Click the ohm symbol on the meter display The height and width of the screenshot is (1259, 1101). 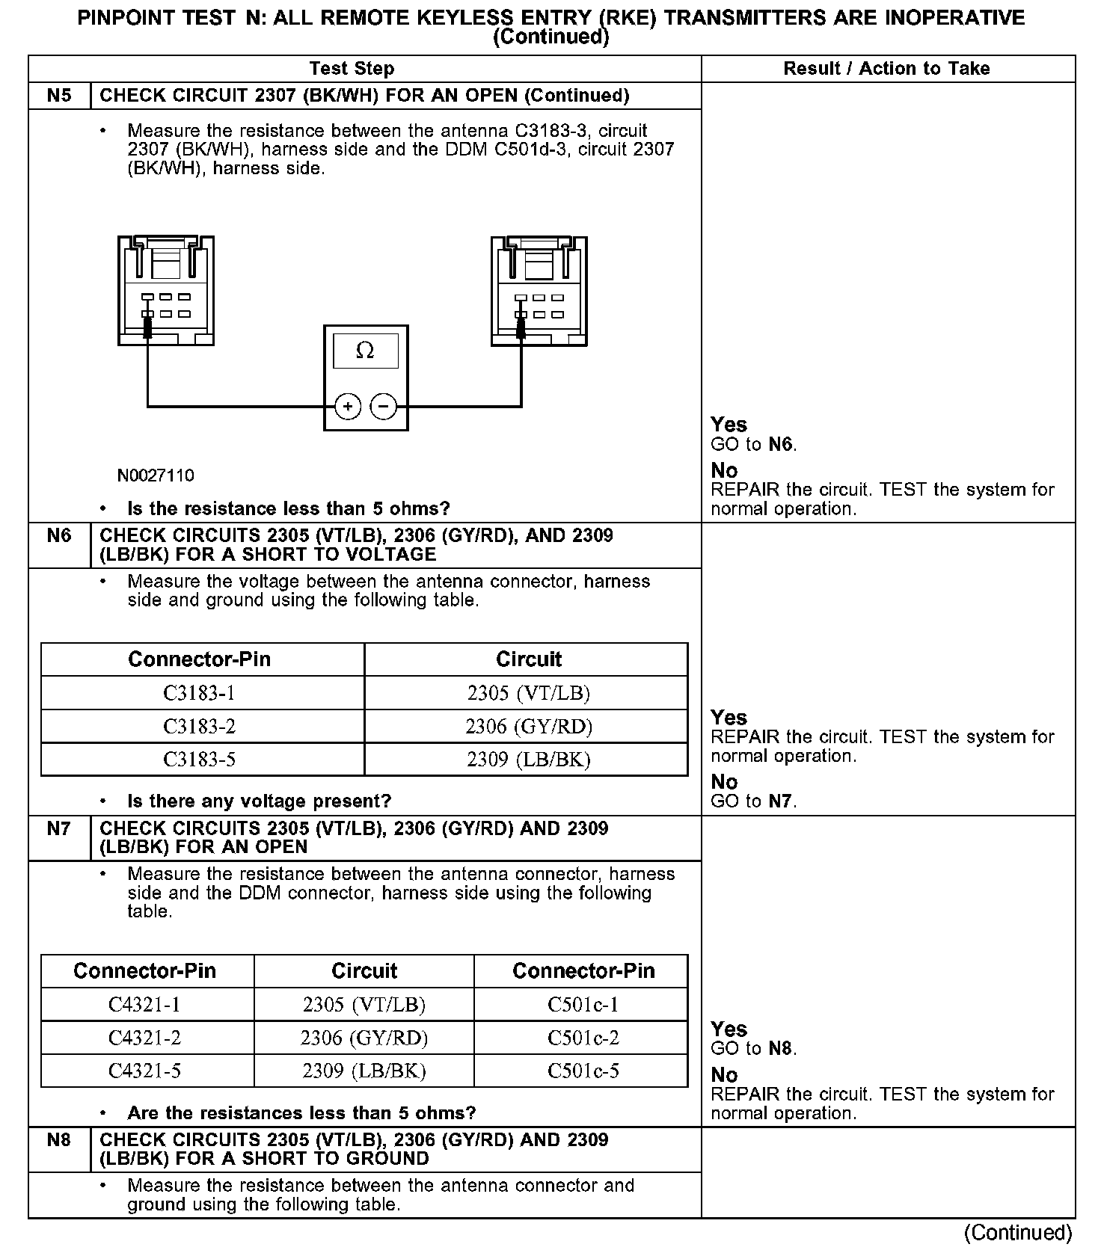[x=365, y=351]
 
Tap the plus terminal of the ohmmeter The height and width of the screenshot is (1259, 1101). [x=348, y=407]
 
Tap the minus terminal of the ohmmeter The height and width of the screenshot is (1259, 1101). [x=384, y=407]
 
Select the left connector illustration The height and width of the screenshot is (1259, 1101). [x=166, y=291]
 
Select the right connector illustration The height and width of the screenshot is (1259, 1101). [x=539, y=291]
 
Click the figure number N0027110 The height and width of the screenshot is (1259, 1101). [x=156, y=475]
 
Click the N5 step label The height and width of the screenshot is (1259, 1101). [x=59, y=96]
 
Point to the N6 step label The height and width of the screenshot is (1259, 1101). [x=59, y=536]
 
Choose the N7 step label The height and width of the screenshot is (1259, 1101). [x=59, y=828]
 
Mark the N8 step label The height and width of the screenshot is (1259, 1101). [x=59, y=1140]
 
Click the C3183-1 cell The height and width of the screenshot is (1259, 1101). [x=200, y=693]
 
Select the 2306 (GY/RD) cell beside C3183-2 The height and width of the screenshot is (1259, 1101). [x=529, y=726]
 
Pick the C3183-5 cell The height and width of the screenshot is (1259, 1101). [x=200, y=760]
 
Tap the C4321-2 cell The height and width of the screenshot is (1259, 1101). [x=145, y=1038]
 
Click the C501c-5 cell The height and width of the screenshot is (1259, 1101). [x=583, y=1071]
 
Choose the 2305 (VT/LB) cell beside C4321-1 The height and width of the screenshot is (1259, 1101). [x=364, y=1004]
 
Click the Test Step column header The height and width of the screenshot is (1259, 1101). [x=352, y=69]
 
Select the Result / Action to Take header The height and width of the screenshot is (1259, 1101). [x=886, y=69]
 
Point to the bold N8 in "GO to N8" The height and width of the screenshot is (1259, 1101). [x=780, y=1048]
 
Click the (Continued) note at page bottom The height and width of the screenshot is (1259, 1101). [x=1018, y=1232]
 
